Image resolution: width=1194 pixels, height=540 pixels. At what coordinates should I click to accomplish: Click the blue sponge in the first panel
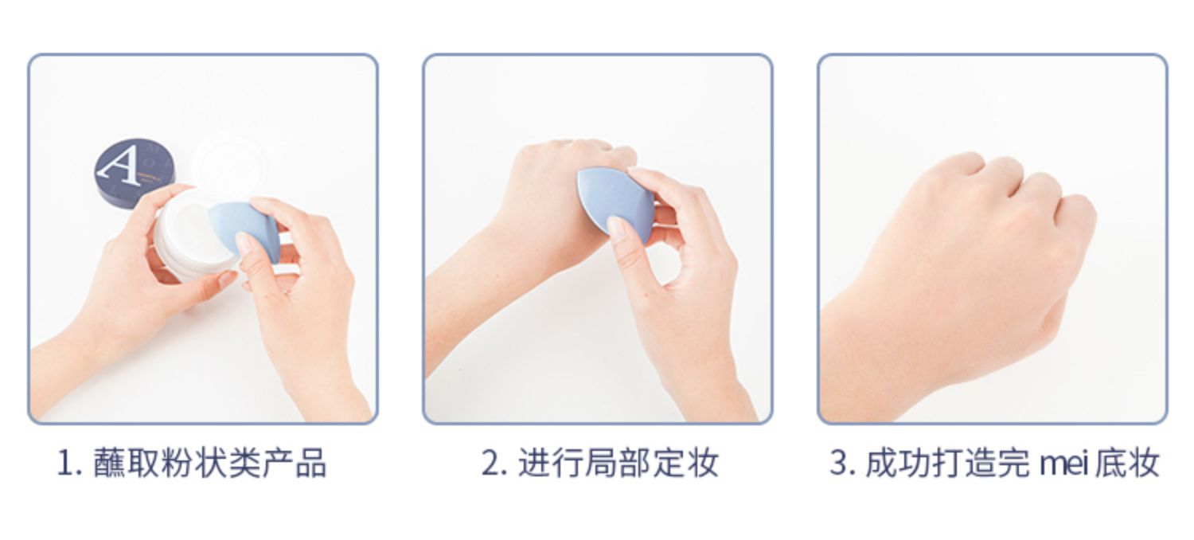pos(244,229)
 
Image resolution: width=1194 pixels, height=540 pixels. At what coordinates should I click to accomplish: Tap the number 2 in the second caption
pos(491,464)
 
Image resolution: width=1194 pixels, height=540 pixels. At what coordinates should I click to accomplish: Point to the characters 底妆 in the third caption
pos(1127,463)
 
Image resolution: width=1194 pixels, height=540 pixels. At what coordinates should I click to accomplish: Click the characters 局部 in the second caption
pos(618,463)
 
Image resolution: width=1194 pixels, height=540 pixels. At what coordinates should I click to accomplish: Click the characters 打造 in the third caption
pos(965,463)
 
